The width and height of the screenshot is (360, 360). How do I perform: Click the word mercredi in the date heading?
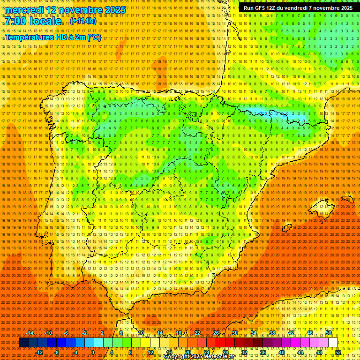(x=25, y=10)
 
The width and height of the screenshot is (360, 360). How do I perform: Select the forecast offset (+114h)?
(x=83, y=21)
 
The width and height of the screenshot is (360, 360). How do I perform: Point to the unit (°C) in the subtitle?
(x=94, y=37)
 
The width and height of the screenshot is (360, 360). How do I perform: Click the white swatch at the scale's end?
(x=333, y=343)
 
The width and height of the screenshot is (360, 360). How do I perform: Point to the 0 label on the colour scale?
(x=93, y=352)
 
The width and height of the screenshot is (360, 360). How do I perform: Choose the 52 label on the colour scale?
(x=338, y=352)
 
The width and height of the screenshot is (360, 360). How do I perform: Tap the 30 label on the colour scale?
(x=235, y=333)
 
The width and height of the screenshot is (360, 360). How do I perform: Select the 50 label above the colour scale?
(x=329, y=333)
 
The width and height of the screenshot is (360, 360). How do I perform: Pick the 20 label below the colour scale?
(x=187, y=352)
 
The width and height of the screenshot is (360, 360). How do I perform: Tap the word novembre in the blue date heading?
(x=82, y=10)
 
